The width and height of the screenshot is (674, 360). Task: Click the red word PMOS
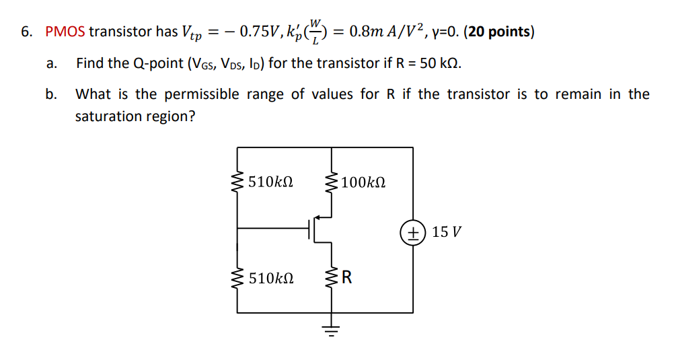[x=65, y=32]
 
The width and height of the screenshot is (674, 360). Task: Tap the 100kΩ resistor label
[x=363, y=182]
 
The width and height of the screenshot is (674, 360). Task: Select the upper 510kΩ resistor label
[x=270, y=182]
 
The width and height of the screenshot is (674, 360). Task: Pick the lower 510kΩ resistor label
[x=270, y=278]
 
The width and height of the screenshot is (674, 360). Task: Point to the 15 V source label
[x=447, y=233]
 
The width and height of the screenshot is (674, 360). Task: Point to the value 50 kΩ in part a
[x=440, y=64]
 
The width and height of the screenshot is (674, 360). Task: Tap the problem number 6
[x=25, y=32]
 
